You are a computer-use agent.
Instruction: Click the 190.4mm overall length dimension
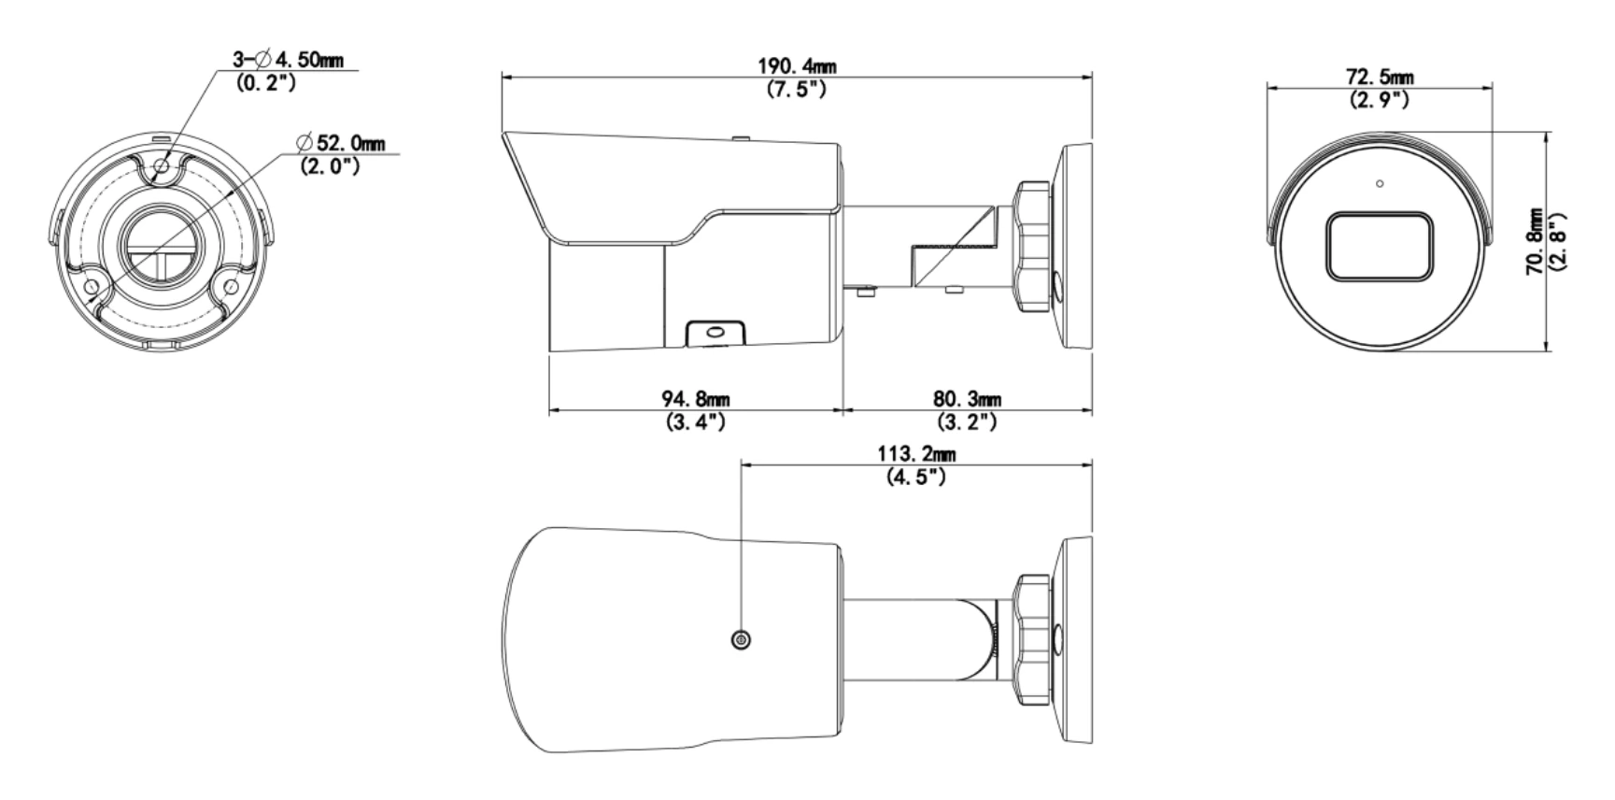(x=797, y=67)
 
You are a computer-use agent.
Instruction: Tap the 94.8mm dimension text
(x=696, y=400)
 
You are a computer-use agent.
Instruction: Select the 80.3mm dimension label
(x=968, y=400)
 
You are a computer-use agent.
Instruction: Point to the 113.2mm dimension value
(x=916, y=454)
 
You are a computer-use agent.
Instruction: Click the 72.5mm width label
(x=1379, y=76)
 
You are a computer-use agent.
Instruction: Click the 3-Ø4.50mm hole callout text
(x=288, y=61)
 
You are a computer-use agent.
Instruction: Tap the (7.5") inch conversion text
(x=796, y=90)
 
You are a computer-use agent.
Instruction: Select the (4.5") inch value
(x=916, y=477)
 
